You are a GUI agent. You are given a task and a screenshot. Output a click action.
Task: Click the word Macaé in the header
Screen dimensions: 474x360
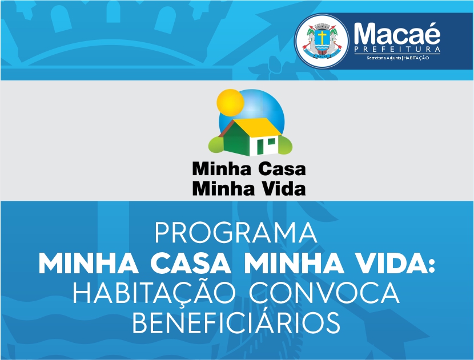coord(397,34)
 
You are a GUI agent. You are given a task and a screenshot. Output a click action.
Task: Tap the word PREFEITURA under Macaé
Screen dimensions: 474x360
coord(397,50)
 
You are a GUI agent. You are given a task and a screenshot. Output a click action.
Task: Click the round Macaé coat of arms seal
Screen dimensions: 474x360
coord(322,41)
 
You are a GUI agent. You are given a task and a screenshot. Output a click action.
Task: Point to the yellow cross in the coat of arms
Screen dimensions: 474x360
coord(322,37)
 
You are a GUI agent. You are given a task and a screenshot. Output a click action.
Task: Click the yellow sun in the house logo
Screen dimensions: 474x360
coord(230,102)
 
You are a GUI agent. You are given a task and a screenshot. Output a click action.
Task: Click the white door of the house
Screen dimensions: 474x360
coord(260,147)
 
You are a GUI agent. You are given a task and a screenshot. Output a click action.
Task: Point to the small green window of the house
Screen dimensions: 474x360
coord(271,141)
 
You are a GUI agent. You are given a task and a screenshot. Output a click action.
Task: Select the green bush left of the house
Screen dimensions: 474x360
coord(216,144)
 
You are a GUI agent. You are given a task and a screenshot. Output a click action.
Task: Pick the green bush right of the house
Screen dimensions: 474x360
coord(285,144)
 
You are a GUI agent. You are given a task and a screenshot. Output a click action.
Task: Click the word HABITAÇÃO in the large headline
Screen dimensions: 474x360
coord(154,293)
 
